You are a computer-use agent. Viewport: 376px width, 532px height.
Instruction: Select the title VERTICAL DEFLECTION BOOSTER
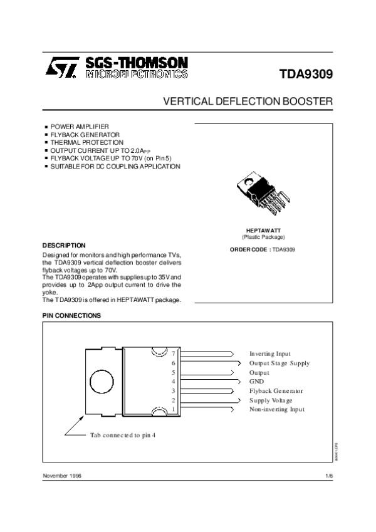click(x=248, y=100)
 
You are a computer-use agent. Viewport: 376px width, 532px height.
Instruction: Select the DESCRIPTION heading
click(x=64, y=245)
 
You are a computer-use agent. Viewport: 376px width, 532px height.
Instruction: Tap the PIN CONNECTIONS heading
click(x=71, y=316)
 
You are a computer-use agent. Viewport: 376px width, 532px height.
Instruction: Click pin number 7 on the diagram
click(x=174, y=354)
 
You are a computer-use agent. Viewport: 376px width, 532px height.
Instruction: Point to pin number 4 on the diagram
click(x=174, y=382)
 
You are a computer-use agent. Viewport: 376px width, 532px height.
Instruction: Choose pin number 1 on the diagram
click(x=174, y=409)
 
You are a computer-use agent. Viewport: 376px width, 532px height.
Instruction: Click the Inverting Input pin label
click(x=270, y=354)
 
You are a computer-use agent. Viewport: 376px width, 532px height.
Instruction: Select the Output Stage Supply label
click(x=279, y=363)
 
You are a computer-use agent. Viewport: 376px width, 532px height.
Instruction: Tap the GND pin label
click(x=257, y=382)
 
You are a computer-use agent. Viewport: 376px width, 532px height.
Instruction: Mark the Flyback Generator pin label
click(x=276, y=391)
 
